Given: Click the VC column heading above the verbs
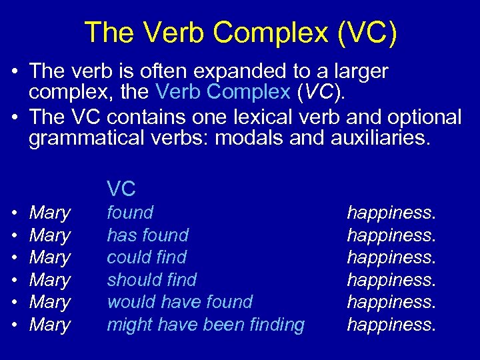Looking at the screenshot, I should (x=121, y=189).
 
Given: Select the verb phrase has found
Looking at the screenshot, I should (x=147, y=235).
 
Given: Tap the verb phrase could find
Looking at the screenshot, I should (x=147, y=257).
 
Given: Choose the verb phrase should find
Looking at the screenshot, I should (x=152, y=279).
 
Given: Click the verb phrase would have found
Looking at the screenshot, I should (x=180, y=302).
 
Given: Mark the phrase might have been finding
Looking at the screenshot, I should (x=205, y=325).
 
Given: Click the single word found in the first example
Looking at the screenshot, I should (x=130, y=213).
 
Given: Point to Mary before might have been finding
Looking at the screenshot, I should (x=50, y=325).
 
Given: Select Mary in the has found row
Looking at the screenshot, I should (x=50, y=235).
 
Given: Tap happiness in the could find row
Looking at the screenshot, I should (x=391, y=257).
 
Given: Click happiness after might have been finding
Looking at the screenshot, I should (x=391, y=325).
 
